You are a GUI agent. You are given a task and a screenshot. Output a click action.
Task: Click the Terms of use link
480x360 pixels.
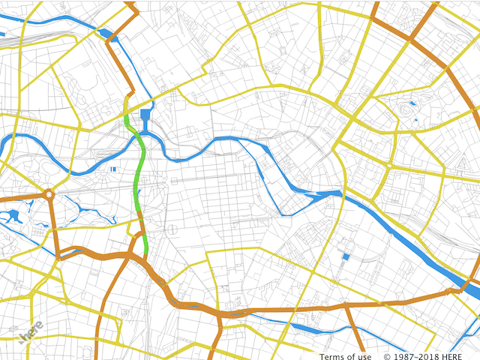(343, 356)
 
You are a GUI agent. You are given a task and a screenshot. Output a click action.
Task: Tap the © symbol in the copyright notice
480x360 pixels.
(387, 356)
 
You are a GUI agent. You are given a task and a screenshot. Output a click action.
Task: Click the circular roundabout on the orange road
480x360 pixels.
(49, 195)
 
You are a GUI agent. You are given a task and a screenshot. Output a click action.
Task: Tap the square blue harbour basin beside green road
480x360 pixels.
(145, 115)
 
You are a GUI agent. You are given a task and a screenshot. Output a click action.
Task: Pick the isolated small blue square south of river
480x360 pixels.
(346, 256)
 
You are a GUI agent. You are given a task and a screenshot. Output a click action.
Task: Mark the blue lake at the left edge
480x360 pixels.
(10, 217)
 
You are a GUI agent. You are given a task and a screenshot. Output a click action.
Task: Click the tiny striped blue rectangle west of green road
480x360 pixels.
(113, 169)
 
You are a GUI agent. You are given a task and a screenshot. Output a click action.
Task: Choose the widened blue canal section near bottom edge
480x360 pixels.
(307, 328)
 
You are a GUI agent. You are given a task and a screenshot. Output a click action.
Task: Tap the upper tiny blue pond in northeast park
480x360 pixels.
(411, 102)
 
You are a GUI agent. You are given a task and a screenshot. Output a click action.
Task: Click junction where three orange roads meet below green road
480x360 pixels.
(135, 257)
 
